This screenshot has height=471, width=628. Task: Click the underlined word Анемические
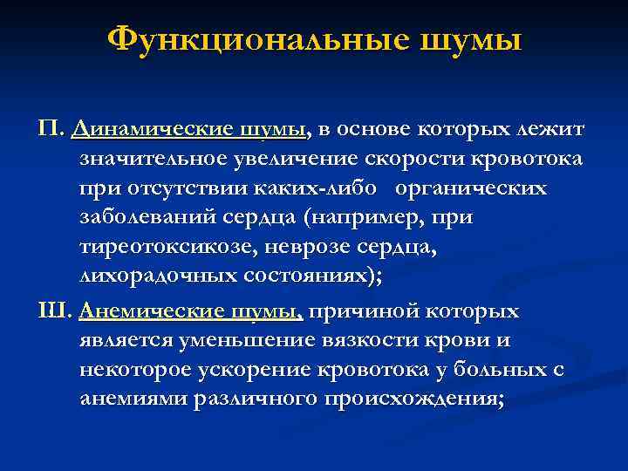coord(146,311)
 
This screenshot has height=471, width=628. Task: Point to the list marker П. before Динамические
coord(51,131)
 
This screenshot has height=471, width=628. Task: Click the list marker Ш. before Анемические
coord(58,311)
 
